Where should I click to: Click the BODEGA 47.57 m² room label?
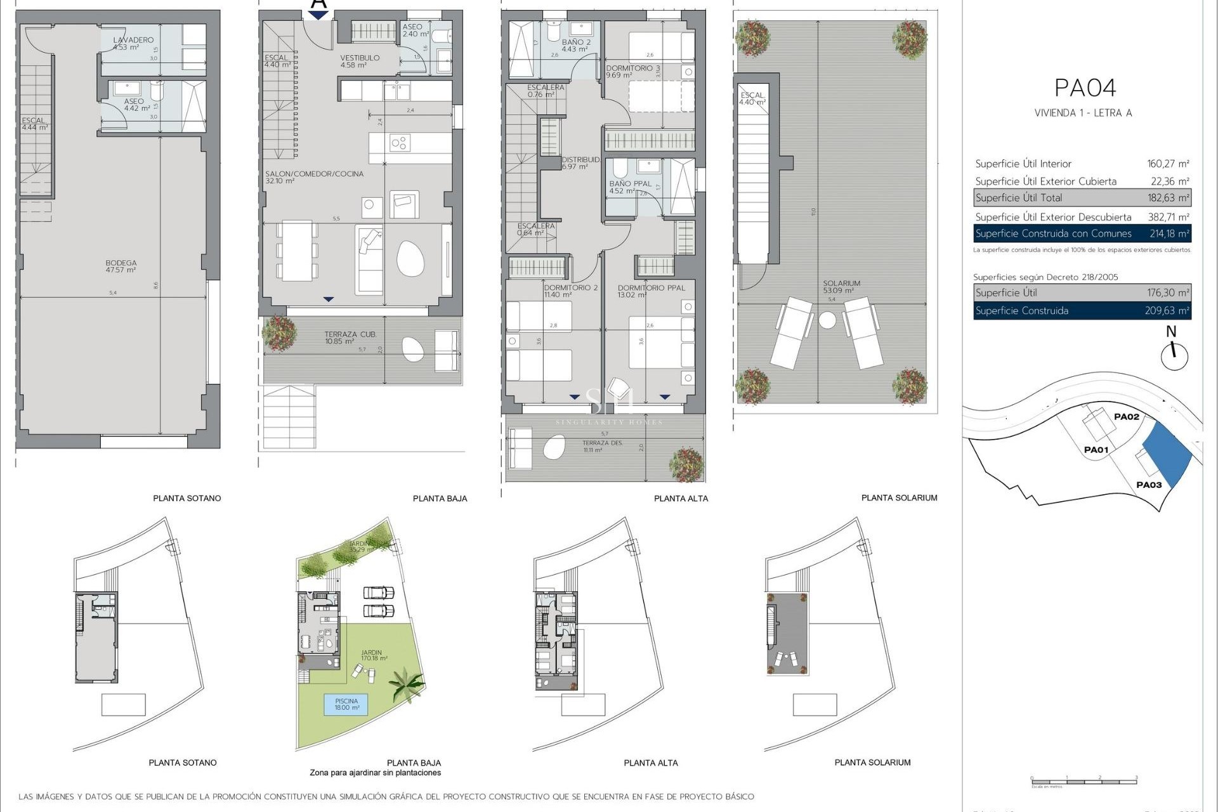[x=121, y=266]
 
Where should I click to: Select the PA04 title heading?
[x=1085, y=88]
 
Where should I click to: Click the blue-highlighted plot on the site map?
[x=1167, y=454]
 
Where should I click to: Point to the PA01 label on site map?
[x=1096, y=450]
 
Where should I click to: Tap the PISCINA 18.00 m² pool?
[x=346, y=704]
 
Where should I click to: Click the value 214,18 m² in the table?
[x=1169, y=233]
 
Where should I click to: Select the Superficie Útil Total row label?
[x=1018, y=198]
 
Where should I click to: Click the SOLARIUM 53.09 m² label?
[x=841, y=287]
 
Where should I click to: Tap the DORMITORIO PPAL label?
[x=651, y=287]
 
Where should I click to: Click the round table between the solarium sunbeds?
[x=827, y=320]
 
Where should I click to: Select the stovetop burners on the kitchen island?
[x=399, y=143]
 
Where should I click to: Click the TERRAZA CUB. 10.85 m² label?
[x=350, y=337]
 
